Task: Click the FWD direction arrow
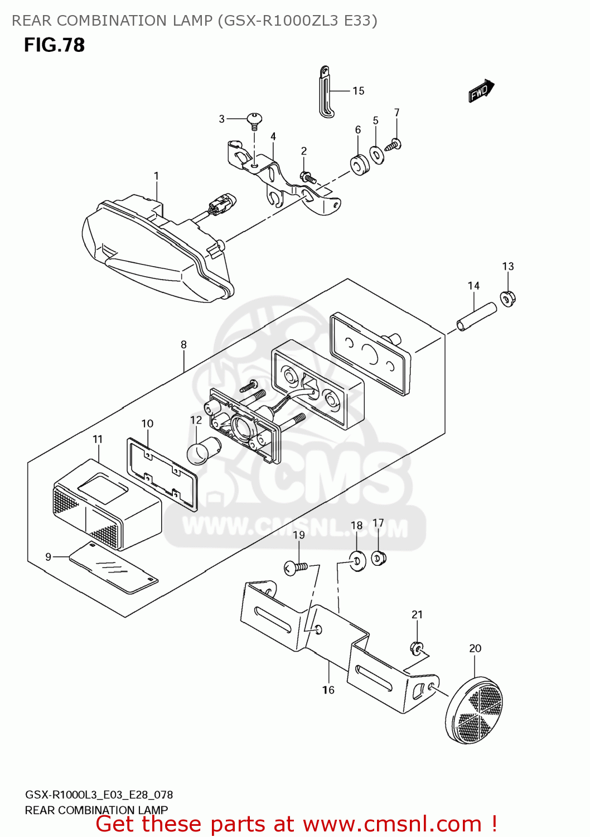481,90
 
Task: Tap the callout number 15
358,91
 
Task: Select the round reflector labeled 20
474,709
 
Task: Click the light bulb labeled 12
204,450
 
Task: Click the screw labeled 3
254,121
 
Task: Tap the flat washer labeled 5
376,155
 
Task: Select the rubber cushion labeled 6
359,165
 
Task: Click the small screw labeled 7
394,145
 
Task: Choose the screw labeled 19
296,569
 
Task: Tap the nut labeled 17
379,558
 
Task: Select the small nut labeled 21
416,647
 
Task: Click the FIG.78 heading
55,45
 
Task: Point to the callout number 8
183,344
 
